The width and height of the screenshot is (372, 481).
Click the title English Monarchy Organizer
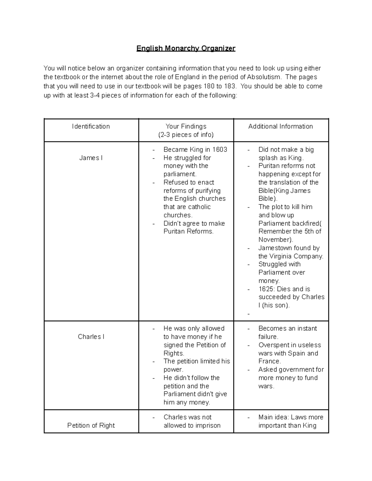(x=186, y=49)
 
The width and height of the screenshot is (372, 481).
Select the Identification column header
(x=91, y=126)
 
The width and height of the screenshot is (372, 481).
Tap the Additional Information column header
(x=281, y=126)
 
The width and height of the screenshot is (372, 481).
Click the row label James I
(x=91, y=158)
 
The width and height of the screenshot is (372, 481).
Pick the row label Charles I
(x=91, y=337)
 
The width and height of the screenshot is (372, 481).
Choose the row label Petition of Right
(x=91, y=426)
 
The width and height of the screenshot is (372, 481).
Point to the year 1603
(x=220, y=150)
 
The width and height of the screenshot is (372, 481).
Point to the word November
(x=275, y=240)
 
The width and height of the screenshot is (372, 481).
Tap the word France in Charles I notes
(x=269, y=361)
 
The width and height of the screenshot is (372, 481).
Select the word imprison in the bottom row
(x=208, y=426)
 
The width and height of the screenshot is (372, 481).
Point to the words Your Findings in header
(x=186, y=126)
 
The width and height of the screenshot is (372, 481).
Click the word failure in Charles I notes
(x=268, y=337)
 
